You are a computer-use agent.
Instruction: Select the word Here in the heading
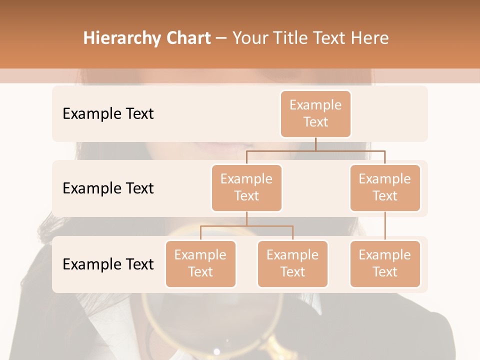[370, 38]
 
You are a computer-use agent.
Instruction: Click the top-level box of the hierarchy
[315, 113]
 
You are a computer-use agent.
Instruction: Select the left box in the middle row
[246, 187]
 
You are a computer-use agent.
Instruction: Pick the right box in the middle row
[385, 187]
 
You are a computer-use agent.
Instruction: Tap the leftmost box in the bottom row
[200, 263]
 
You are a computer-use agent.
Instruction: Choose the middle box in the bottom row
[292, 263]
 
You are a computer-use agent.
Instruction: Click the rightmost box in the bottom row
[385, 263]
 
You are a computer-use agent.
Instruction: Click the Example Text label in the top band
[108, 113]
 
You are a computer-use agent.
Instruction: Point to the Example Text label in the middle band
[108, 188]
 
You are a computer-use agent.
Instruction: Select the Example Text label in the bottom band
[108, 264]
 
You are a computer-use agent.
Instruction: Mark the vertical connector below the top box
[315, 144]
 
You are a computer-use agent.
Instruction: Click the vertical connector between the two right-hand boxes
[385, 226]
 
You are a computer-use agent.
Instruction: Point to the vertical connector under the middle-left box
[246, 218]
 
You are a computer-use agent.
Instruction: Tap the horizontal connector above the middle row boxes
[315, 150]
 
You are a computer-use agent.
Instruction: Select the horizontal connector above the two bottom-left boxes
[246, 226]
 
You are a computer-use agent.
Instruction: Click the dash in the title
[221, 38]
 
